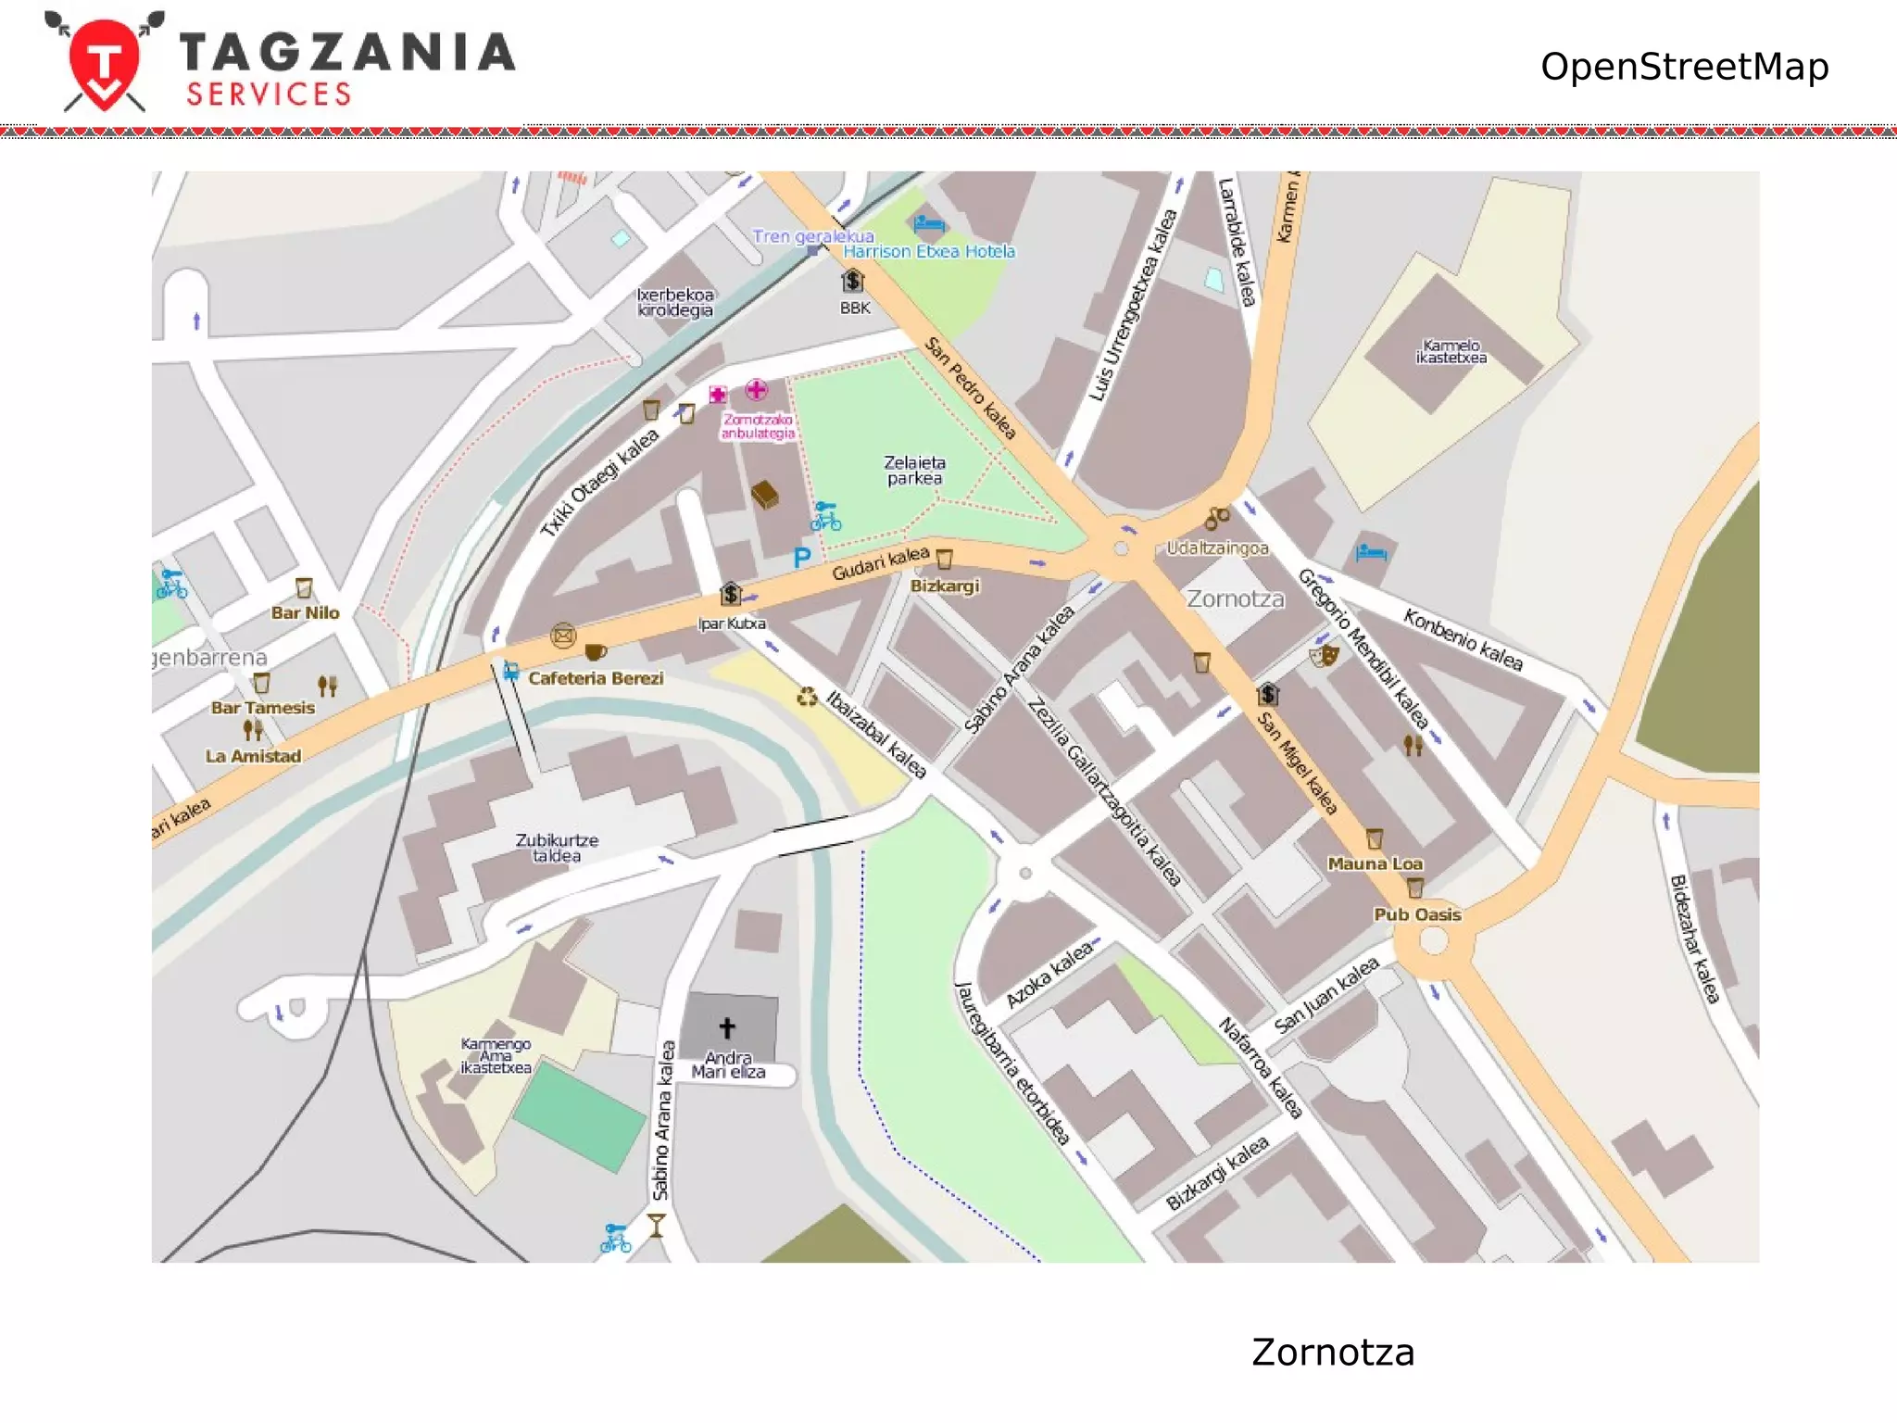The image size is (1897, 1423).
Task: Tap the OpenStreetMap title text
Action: tap(1683, 67)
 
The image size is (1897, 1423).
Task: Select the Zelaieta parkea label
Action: tap(914, 470)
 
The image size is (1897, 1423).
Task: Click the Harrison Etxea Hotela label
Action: tap(928, 251)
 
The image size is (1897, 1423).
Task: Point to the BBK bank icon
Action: tap(852, 280)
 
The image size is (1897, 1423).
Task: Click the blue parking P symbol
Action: tap(802, 557)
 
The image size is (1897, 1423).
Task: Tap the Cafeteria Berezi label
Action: tap(596, 678)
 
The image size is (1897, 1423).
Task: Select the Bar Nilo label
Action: tap(305, 612)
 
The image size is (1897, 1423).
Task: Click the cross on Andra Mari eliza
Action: tap(727, 1026)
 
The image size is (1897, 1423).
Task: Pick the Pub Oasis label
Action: tap(1416, 914)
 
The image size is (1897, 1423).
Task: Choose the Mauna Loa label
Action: tap(1375, 863)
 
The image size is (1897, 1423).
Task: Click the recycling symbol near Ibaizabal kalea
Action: tap(807, 697)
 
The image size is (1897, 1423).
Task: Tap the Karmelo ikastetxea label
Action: tap(1451, 351)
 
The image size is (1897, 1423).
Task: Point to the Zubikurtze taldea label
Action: tap(557, 848)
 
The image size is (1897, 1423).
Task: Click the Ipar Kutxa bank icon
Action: tap(731, 594)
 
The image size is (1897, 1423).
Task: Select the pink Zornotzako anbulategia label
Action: tap(758, 426)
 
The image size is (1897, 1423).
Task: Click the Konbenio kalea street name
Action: tap(1463, 639)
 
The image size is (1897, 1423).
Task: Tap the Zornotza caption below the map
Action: tap(1332, 1352)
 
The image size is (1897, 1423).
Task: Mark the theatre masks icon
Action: tap(1324, 656)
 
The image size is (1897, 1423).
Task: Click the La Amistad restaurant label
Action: tap(253, 756)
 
